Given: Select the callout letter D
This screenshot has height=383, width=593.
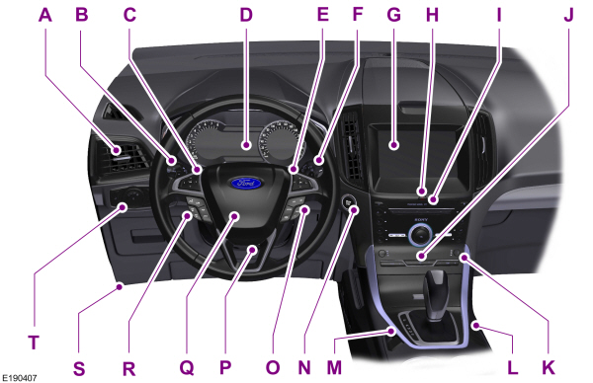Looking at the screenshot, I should coord(246,16).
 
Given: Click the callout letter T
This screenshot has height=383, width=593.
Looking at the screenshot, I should coord(33,343).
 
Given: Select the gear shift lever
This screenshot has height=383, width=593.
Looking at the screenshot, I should coord(436,289).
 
